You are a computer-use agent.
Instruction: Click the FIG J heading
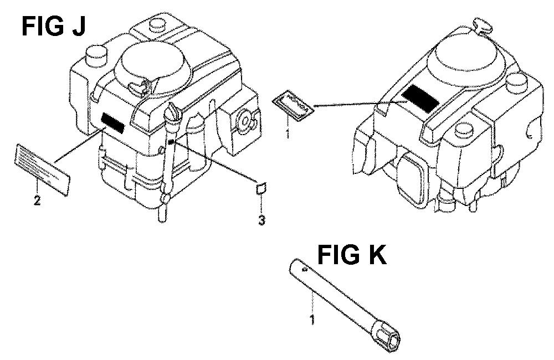tap(53, 27)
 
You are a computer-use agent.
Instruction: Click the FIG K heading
tap(352, 254)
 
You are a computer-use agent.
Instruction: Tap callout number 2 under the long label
tap(37, 200)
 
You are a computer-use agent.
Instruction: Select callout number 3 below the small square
tap(261, 220)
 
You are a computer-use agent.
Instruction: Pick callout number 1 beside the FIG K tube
tap(312, 320)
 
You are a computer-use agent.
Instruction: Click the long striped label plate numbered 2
tap(42, 168)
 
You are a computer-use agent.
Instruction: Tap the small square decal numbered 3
tap(261, 188)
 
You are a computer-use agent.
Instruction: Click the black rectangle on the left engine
tap(112, 122)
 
